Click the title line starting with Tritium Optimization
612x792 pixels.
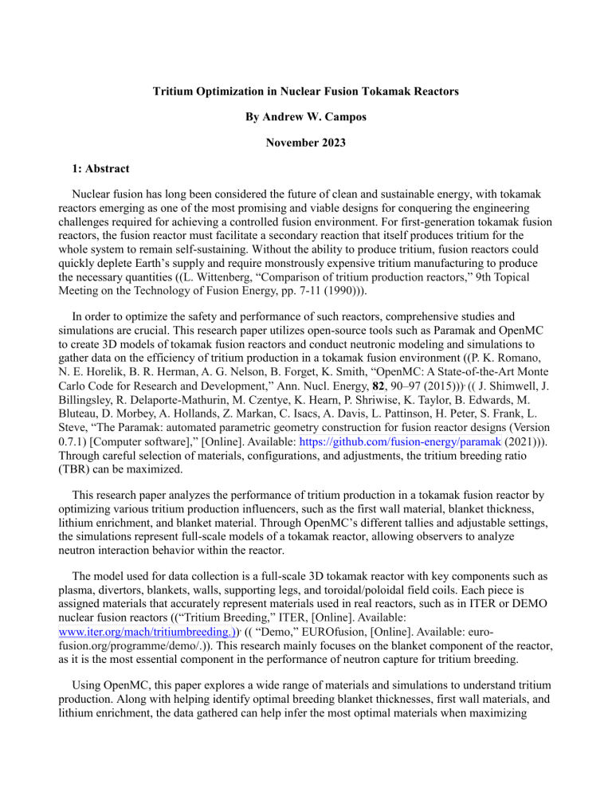pyautogui.click(x=305, y=92)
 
